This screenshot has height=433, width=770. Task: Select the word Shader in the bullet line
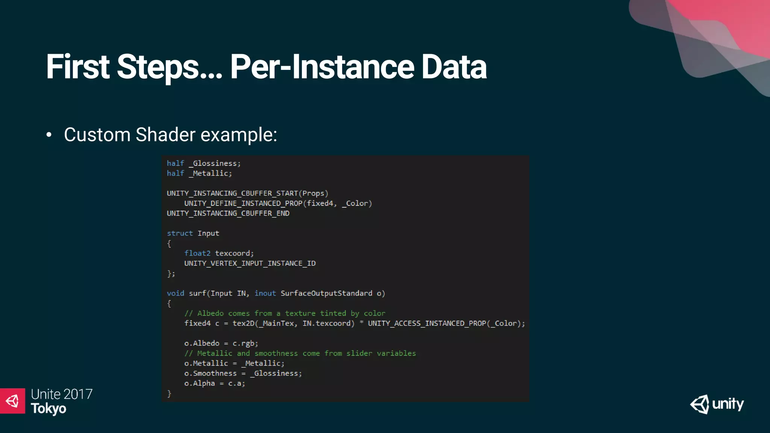click(x=165, y=135)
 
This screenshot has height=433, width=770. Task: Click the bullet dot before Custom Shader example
click(x=49, y=135)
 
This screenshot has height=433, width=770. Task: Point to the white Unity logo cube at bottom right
click(x=700, y=404)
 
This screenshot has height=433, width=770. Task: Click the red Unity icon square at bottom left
click(x=12, y=401)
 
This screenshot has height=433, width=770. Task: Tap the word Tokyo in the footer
click(x=49, y=409)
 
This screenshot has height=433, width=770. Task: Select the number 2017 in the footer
click(x=78, y=394)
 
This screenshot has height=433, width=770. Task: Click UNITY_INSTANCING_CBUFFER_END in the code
click(x=228, y=213)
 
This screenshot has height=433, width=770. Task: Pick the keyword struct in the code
click(x=179, y=233)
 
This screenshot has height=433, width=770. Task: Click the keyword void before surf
click(x=175, y=294)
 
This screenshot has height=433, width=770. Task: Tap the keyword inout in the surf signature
click(x=265, y=294)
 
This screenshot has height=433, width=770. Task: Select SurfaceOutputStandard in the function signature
click(x=326, y=294)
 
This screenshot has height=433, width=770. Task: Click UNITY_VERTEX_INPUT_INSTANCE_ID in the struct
click(x=250, y=263)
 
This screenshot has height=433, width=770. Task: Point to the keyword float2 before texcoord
click(x=197, y=253)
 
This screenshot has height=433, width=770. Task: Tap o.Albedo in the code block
click(x=202, y=344)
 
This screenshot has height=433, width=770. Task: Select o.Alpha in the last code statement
click(x=199, y=383)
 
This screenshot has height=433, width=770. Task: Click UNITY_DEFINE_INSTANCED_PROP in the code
click(x=243, y=203)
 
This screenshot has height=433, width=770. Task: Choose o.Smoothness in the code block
click(x=210, y=374)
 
